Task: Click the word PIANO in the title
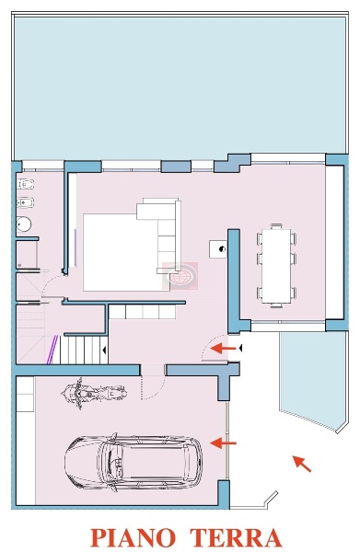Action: tap(134, 537)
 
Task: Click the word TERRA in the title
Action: tap(237, 537)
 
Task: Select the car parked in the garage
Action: tap(134, 463)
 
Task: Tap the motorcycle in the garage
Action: tap(94, 393)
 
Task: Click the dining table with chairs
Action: tap(276, 266)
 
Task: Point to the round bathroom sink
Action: tap(24, 224)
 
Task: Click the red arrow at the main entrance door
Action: tap(223, 348)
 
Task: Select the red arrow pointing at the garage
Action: tap(223, 443)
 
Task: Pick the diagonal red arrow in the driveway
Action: tap(302, 464)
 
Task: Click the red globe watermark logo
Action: tap(180, 276)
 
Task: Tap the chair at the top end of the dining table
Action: tap(276, 226)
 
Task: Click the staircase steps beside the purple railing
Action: tap(84, 350)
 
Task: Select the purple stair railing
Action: tap(52, 350)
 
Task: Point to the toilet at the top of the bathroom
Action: tap(26, 184)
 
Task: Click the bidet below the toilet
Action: tap(26, 202)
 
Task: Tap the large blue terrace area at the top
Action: tap(180, 87)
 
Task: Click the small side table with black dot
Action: tap(218, 249)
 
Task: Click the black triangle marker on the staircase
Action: tap(105, 351)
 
